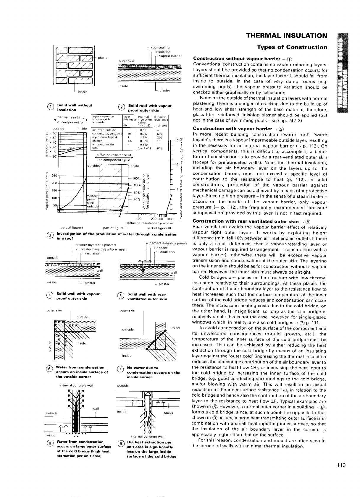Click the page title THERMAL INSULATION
(287, 36)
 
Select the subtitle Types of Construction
(292, 47)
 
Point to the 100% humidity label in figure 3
(136, 178)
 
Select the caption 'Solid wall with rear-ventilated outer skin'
(147, 296)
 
